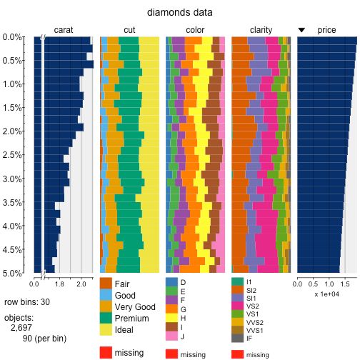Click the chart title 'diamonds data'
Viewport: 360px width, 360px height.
click(179, 13)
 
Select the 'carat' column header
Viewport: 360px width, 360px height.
click(64, 30)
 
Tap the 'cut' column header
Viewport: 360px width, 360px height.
click(129, 30)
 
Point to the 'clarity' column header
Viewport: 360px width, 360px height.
click(261, 30)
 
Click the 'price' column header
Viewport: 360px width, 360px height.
click(326, 30)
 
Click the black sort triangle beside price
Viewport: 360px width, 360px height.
click(301, 30)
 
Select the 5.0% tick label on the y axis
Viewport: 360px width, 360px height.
click(12, 274)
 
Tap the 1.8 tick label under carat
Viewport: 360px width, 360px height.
click(59, 284)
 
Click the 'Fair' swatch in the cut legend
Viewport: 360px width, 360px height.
click(106, 284)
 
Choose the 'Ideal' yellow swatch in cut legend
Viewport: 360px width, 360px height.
click(106, 331)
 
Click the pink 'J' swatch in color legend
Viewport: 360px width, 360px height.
click(171, 336)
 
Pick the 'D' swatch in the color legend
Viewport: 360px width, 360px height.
click(171, 282)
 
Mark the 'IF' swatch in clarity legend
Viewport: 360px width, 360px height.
click(236, 338)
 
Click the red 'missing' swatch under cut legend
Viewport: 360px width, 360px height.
click(106, 352)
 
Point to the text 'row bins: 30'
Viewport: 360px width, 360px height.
click(27, 302)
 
